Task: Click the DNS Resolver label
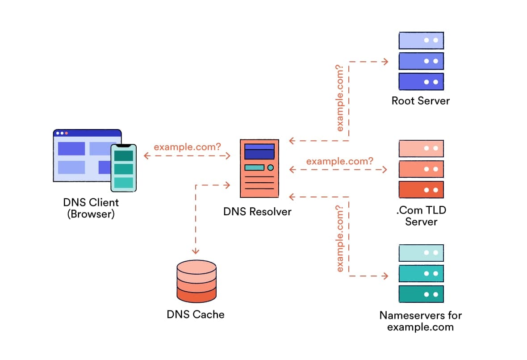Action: point(257,211)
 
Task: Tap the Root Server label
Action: point(420,100)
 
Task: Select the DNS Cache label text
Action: point(196,314)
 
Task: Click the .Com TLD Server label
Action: point(421,215)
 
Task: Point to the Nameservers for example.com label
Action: point(420,321)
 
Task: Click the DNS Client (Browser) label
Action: point(91,208)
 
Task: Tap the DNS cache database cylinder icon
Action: point(197,281)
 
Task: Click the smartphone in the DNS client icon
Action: point(123,168)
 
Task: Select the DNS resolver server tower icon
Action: point(259,168)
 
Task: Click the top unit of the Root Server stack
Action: point(421,40)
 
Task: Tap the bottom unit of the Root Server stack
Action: point(421,82)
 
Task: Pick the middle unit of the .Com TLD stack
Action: point(421,169)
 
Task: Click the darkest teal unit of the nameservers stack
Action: point(421,294)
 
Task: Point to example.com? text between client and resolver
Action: point(187,147)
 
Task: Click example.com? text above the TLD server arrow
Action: point(339,161)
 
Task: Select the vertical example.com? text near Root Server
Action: point(340,98)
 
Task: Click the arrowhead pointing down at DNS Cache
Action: point(196,251)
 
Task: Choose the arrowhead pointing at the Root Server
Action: point(385,61)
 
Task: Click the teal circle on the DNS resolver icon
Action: point(270,167)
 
